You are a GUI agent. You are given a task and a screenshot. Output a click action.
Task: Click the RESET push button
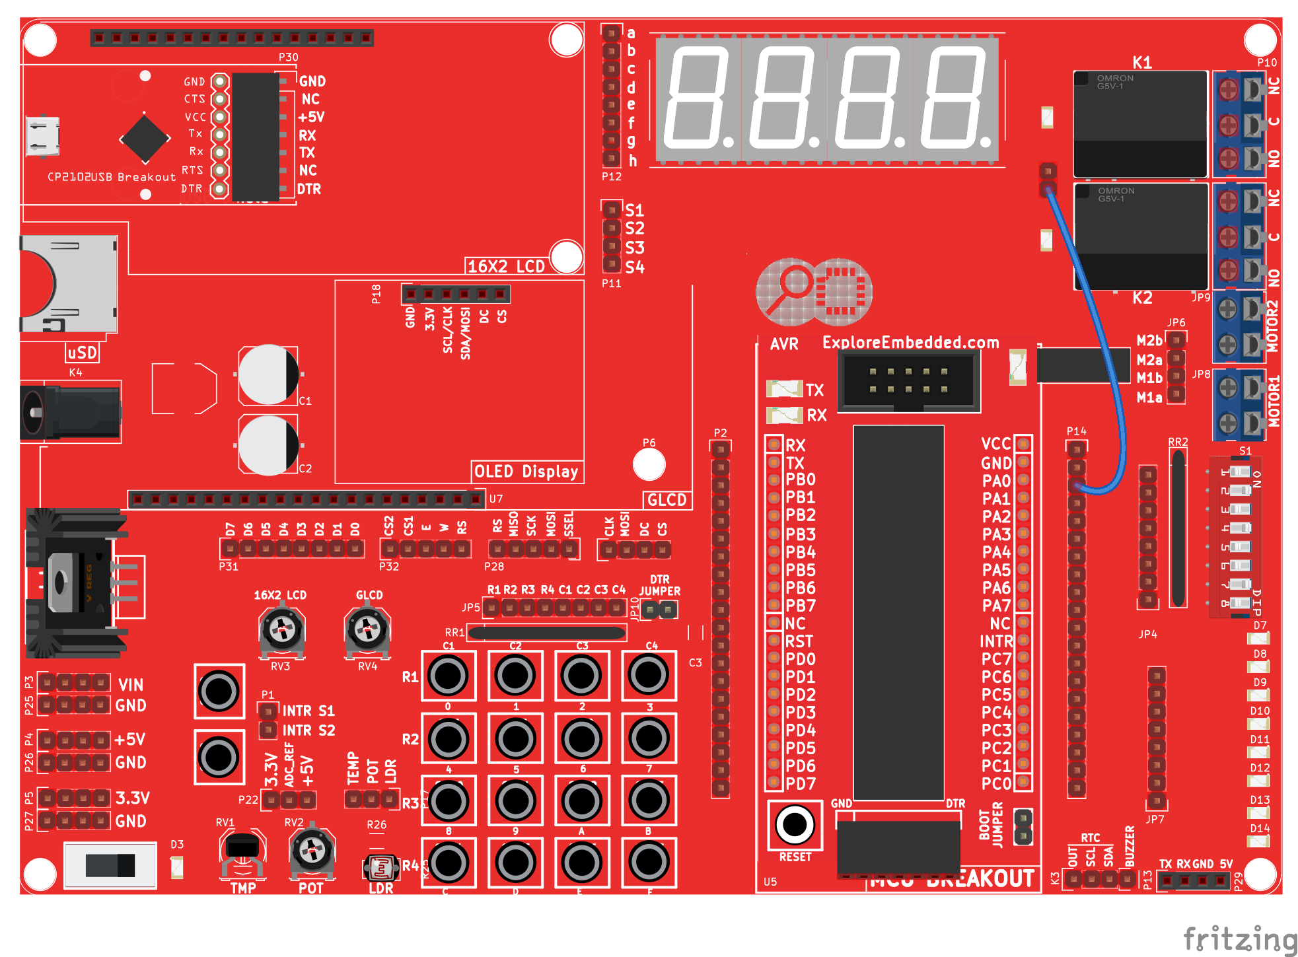[x=795, y=824]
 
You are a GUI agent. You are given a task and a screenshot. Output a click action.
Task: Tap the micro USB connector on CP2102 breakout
[x=42, y=136]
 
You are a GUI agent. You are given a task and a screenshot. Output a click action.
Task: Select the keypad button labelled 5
[x=515, y=738]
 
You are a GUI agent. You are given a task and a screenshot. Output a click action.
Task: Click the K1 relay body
[x=1140, y=124]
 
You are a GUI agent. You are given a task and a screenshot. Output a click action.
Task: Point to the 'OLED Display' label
[x=526, y=472]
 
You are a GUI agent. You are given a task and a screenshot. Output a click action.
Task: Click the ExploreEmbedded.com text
[x=910, y=342]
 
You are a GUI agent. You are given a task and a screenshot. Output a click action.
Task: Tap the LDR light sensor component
[x=381, y=867]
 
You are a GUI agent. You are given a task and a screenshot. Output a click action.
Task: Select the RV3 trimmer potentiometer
[x=281, y=630]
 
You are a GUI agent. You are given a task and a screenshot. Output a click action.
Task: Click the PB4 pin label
[x=800, y=551]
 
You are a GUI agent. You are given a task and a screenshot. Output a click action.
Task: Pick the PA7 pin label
[x=996, y=605]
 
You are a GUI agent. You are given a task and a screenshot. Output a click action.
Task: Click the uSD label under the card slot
[x=82, y=353]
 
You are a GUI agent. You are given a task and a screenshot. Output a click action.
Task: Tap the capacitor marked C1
[x=268, y=374]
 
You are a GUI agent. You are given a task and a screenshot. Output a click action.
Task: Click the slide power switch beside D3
[x=110, y=865]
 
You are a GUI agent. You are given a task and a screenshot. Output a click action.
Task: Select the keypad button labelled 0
[x=449, y=675]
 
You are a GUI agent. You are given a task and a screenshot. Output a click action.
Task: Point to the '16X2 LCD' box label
[x=506, y=266]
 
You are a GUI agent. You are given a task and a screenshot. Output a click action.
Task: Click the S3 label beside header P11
[x=634, y=248]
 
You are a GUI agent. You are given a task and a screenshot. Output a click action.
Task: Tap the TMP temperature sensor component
[x=242, y=852]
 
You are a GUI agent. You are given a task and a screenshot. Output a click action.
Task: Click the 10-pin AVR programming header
[x=908, y=381]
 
